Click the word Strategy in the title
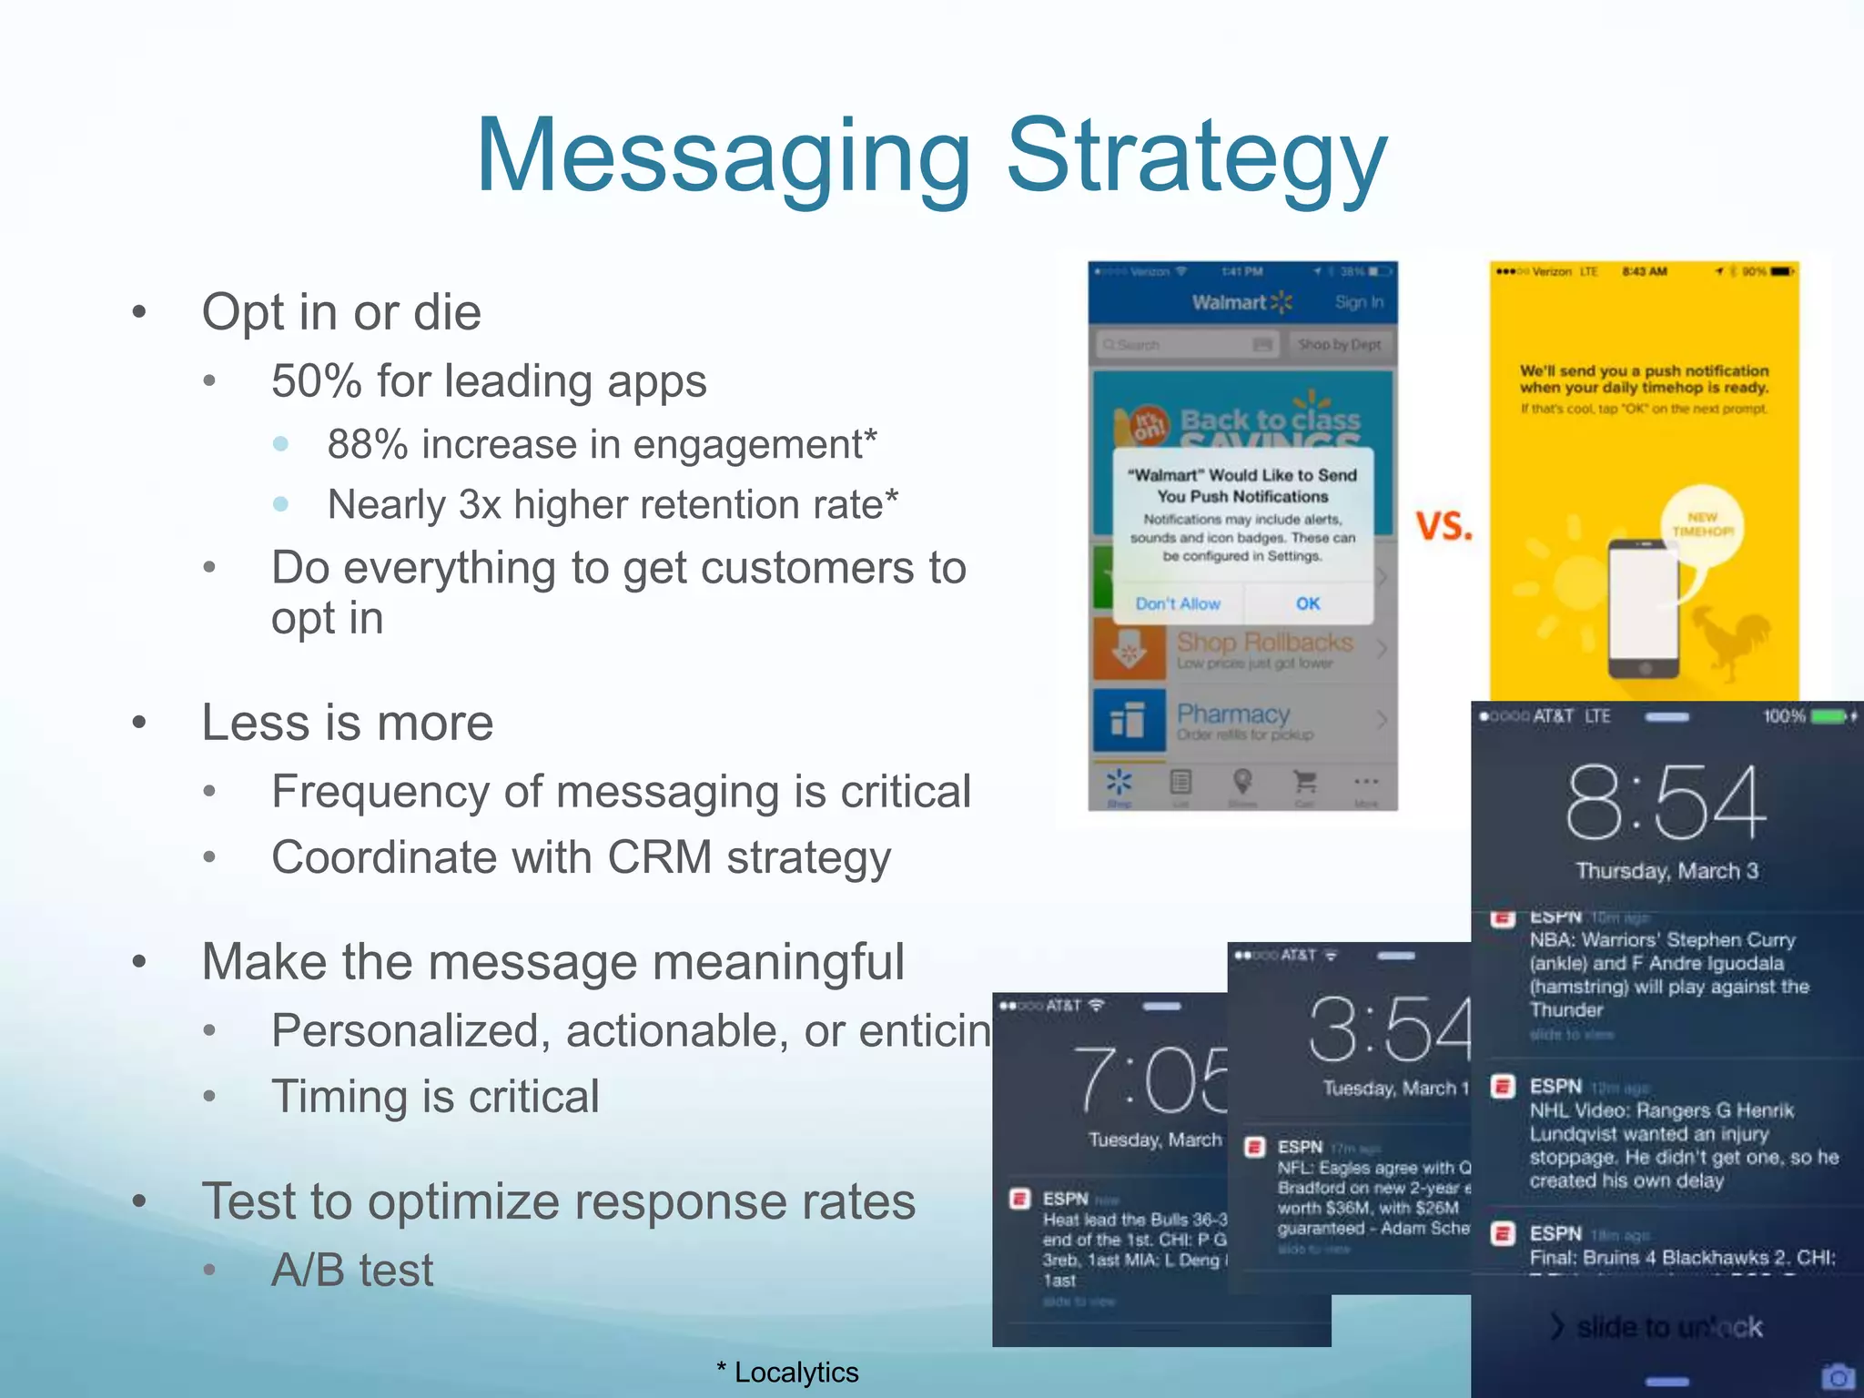pos(1196,157)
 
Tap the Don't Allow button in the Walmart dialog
pos(1178,603)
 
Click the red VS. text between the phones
pos(1444,526)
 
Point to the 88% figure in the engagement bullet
pos(368,445)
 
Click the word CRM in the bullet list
pos(660,857)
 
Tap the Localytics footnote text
pos(795,1372)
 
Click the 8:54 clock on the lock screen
pos(1666,802)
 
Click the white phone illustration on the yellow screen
pos(1644,607)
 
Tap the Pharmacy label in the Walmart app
pos(1233,714)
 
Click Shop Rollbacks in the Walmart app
pos(1264,643)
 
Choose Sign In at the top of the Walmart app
pos(1359,302)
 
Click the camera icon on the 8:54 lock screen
pos(1838,1375)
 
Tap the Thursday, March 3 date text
pos(1666,871)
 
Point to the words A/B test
pos(352,1270)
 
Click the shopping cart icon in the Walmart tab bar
pos(1304,782)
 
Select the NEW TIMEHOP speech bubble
pos(1702,525)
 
